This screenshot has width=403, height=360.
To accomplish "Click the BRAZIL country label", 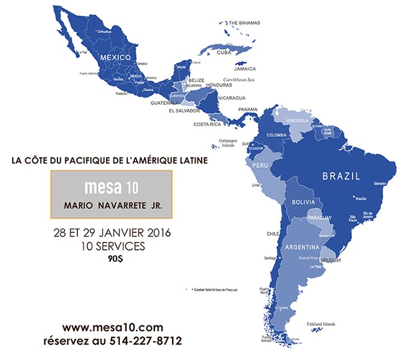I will [341, 176].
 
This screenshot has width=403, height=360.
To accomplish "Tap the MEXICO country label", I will [115, 57].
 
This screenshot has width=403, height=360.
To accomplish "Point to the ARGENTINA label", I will [302, 247].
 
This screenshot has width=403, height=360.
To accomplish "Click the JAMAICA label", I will [245, 69].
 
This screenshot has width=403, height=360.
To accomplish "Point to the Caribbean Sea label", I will [239, 80].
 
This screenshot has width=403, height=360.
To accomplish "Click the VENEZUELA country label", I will [297, 121].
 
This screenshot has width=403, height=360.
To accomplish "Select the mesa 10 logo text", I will [111, 185].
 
